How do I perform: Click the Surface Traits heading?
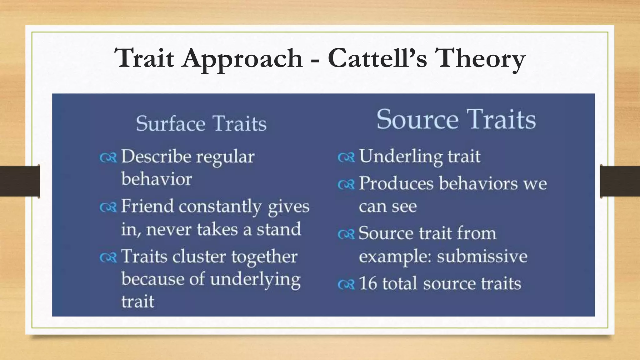(201, 123)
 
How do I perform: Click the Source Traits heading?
(456, 119)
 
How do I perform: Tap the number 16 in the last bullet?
(367, 283)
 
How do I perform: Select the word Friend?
(147, 206)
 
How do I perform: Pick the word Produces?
(396, 183)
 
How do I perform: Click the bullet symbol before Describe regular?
(108, 157)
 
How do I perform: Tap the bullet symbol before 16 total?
(346, 285)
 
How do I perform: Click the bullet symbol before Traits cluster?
(108, 257)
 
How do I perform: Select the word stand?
(279, 229)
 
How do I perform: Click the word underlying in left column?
(255, 280)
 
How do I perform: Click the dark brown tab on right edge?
(620, 181)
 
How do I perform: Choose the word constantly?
(220, 206)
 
